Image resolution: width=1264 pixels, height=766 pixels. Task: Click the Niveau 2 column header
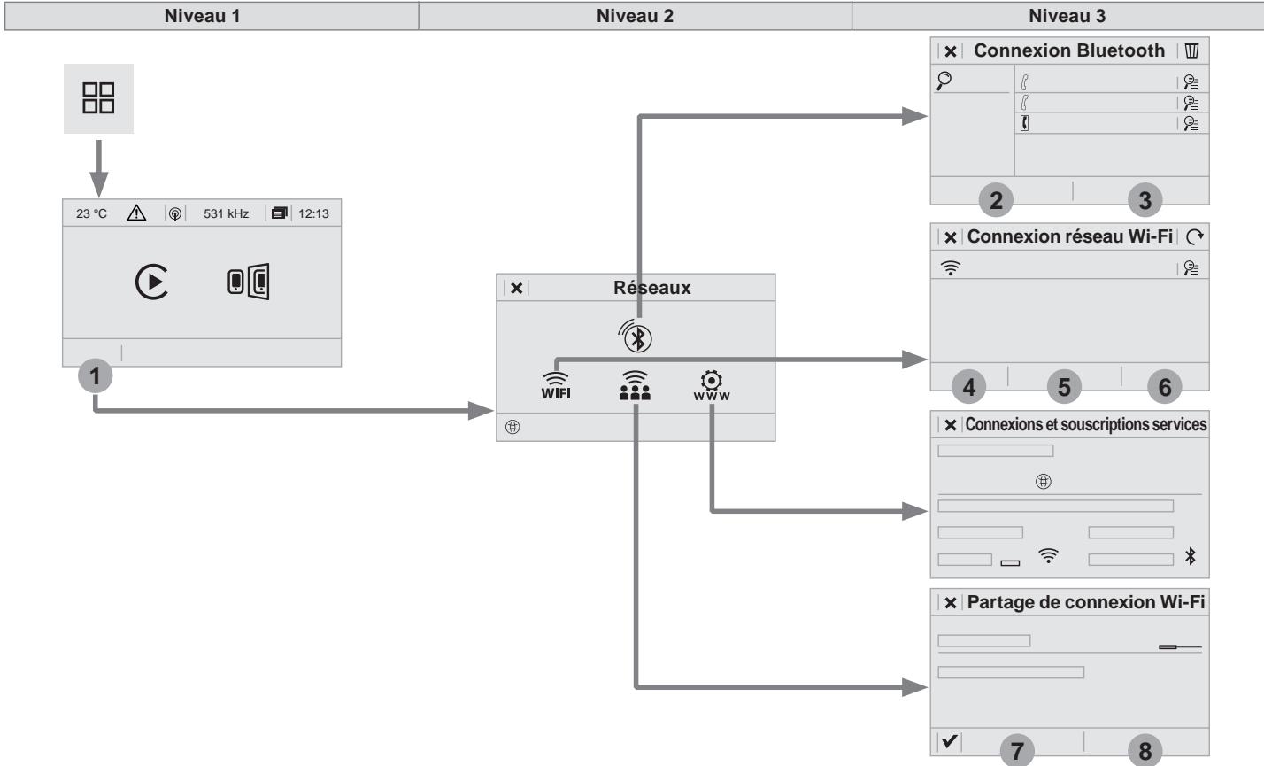(635, 16)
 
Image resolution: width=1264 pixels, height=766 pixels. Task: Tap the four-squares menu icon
(98, 98)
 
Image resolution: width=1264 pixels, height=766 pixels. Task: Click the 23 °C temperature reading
(91, 213)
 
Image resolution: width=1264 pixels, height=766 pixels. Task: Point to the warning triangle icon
(136, 213)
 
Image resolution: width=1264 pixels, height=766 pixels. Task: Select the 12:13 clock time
(313, 213)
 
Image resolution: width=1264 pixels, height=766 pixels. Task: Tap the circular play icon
(151, 281)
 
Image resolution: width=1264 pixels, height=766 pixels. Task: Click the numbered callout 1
(95, 376)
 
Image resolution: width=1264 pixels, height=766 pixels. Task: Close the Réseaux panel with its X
(516, 288)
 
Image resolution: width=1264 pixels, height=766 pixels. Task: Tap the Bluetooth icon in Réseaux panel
(636, 336)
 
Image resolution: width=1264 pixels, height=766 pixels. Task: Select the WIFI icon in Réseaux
(556, 385)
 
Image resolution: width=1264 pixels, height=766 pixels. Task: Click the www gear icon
(712, 385)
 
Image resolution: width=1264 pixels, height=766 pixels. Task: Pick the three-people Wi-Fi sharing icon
(635, 385)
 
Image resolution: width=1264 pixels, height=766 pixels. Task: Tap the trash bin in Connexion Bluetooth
(1191, 50)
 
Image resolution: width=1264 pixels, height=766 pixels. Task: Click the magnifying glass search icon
(944, 81)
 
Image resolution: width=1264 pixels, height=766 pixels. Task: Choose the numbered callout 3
(1145, 200)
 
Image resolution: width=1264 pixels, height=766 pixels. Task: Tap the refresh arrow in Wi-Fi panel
(1194, 236)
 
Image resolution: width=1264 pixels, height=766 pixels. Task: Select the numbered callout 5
(1064, 387)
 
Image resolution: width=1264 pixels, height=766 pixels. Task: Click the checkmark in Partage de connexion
(950, 740)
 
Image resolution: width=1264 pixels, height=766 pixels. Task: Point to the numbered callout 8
(1145, 751)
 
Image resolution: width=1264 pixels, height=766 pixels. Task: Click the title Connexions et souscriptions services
(1086, 424)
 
